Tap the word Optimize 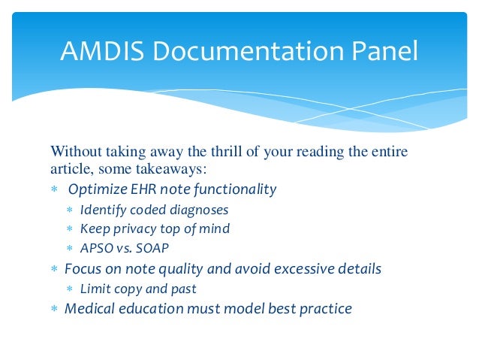(97, 189)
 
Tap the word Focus (82, 268)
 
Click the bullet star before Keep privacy (69, 228)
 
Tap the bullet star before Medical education (54, 309)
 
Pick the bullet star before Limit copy (69, 289)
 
